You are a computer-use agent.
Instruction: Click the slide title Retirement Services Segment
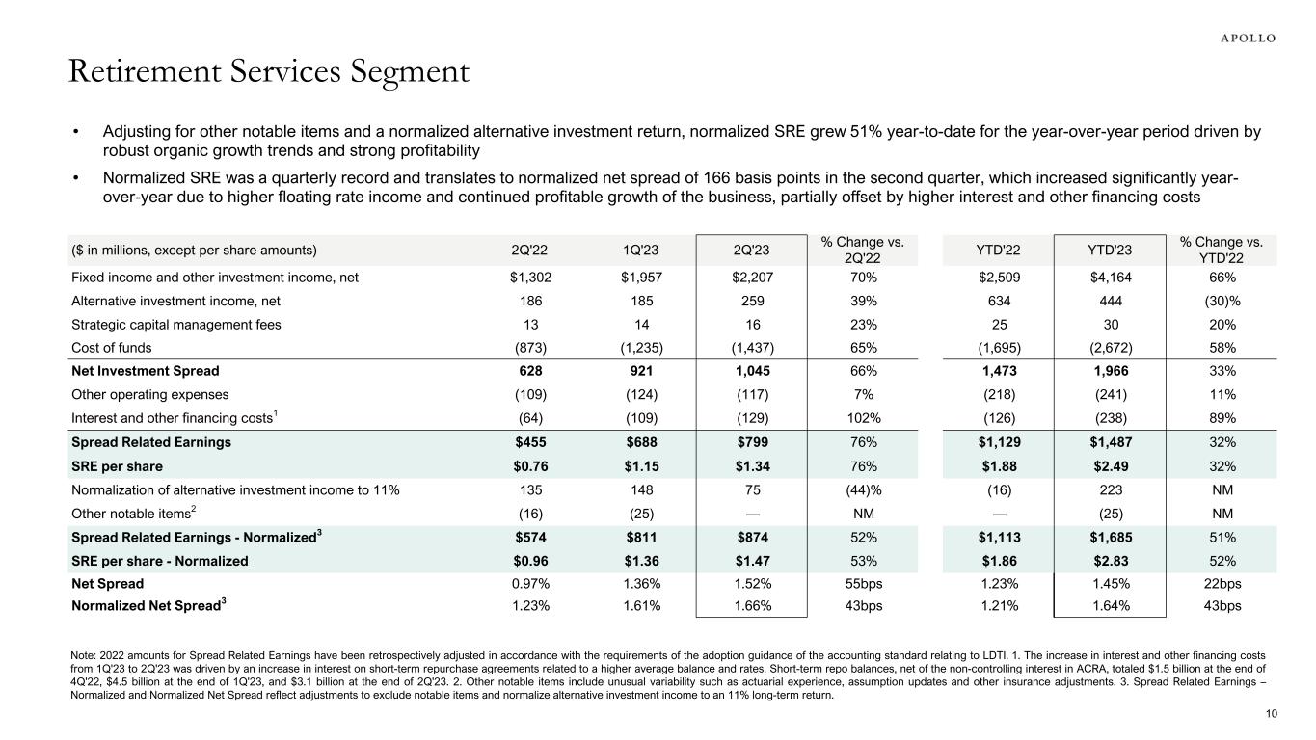tap(269, 72)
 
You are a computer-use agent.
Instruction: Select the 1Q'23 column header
tap(638, 251)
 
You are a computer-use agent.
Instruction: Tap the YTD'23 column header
tap(1110, 251)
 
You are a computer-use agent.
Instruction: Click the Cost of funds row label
tap(111, 348)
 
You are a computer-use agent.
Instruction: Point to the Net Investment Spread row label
tap(145, 371)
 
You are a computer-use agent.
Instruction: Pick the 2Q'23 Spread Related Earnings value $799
tap(750, 442)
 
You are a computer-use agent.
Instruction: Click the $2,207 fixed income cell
tap(750, 277)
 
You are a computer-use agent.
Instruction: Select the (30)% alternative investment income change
tap(1221, 301)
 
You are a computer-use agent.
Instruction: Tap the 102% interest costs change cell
tap(864, 417)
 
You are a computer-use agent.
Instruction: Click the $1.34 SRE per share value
tap(750, 465)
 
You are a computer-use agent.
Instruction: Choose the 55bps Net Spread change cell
tap(864, 583)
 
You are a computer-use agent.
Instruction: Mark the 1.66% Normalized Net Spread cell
tap(750, 606)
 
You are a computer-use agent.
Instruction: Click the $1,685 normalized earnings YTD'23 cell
tap(1110, 538)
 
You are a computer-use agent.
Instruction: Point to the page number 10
tap(1269, 714)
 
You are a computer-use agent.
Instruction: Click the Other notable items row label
tap(131, 513)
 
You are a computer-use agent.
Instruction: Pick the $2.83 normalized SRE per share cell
tap(1110, 561)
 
